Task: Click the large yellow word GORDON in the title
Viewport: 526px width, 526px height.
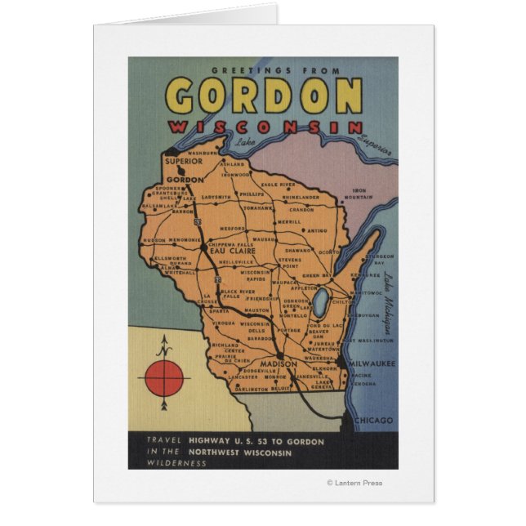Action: (265, 96)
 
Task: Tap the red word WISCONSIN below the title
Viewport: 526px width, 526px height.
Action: (265, 127)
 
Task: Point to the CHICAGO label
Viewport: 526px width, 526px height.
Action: (373, 421)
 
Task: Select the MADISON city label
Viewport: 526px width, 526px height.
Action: (280, 363)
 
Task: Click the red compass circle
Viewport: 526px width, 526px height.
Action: (165, 379)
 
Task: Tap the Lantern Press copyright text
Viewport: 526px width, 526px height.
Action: (354, 483)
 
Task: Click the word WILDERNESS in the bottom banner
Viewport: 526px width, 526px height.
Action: (166, 463)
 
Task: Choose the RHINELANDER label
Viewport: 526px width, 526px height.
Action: (300, 198)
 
